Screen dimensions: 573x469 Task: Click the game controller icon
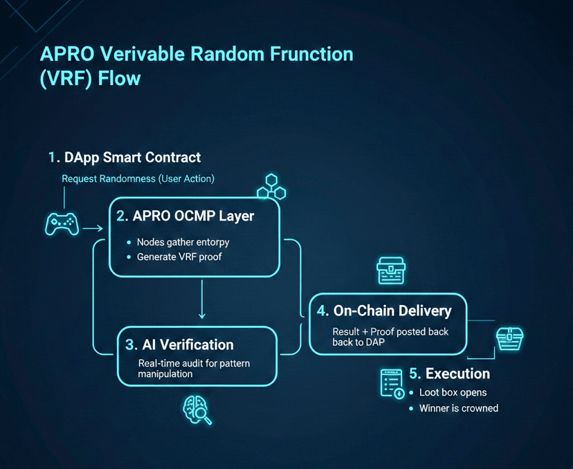[62, 224]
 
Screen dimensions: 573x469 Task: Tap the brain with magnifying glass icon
[197, 410]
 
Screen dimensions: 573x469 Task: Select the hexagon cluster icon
[271, 187]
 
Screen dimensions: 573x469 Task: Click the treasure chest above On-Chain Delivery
[390, 270]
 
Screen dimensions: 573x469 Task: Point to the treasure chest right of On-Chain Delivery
[509, 338]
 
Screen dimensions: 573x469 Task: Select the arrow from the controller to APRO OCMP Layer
[93, 228]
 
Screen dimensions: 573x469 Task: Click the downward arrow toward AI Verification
[201, 299]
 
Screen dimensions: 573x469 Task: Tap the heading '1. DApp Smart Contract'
[125, 158]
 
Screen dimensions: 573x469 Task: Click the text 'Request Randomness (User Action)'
[138, 178]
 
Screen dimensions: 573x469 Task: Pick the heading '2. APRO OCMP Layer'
[185, 216]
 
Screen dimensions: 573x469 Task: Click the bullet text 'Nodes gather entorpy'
[183, 242]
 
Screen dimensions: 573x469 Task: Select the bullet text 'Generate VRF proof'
[179, 257]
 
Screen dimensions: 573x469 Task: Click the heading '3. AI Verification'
[179, 344]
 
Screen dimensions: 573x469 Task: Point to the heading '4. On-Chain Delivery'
[384, 311]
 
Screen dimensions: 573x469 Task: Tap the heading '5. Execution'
[450, 374]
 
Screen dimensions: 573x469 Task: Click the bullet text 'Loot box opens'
[453, 392]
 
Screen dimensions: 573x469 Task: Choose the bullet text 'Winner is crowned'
[459, 408]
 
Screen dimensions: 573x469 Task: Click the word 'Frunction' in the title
[311, 54]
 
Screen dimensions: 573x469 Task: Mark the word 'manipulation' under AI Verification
[165, 374]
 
